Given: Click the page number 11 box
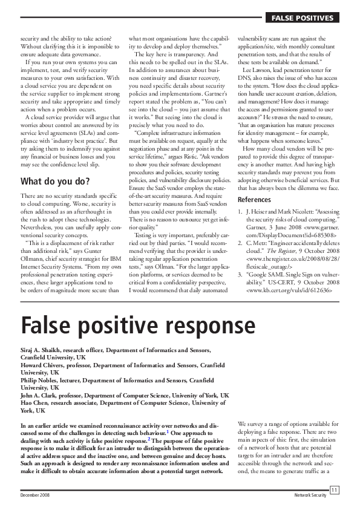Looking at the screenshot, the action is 334,489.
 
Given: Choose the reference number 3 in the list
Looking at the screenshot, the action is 241,273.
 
